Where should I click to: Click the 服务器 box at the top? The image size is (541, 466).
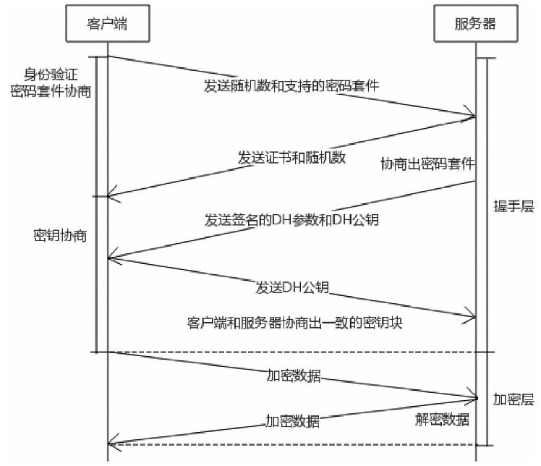coord(474,23)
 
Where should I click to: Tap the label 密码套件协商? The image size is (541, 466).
coord(51,91)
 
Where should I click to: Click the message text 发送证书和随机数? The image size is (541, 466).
coord(291,157)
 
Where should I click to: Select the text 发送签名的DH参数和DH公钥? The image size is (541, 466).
coord(291,219)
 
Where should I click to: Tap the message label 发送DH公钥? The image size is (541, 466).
coord(292,287)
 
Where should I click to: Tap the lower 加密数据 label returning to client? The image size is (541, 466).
coord(292,420)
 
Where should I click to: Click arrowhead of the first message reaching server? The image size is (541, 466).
coord(472,116)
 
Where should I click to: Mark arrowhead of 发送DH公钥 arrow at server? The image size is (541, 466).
coord(472,315)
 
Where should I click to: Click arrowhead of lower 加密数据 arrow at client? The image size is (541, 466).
coord(111,444)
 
